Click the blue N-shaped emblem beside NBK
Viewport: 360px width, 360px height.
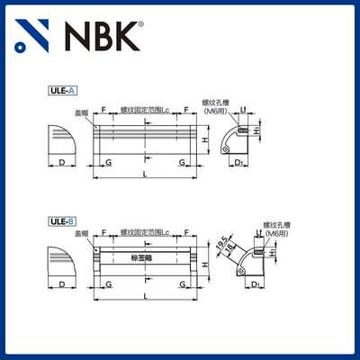33,36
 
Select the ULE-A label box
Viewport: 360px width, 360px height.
62,90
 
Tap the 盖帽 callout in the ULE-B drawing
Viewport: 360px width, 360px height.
82,233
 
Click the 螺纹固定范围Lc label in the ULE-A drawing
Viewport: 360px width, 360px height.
144,108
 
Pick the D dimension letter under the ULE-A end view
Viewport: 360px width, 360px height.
61,161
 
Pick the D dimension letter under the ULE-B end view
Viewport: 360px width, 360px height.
61,285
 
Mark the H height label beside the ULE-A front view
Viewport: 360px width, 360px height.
206,141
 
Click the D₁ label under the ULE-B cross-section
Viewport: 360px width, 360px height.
256,285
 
